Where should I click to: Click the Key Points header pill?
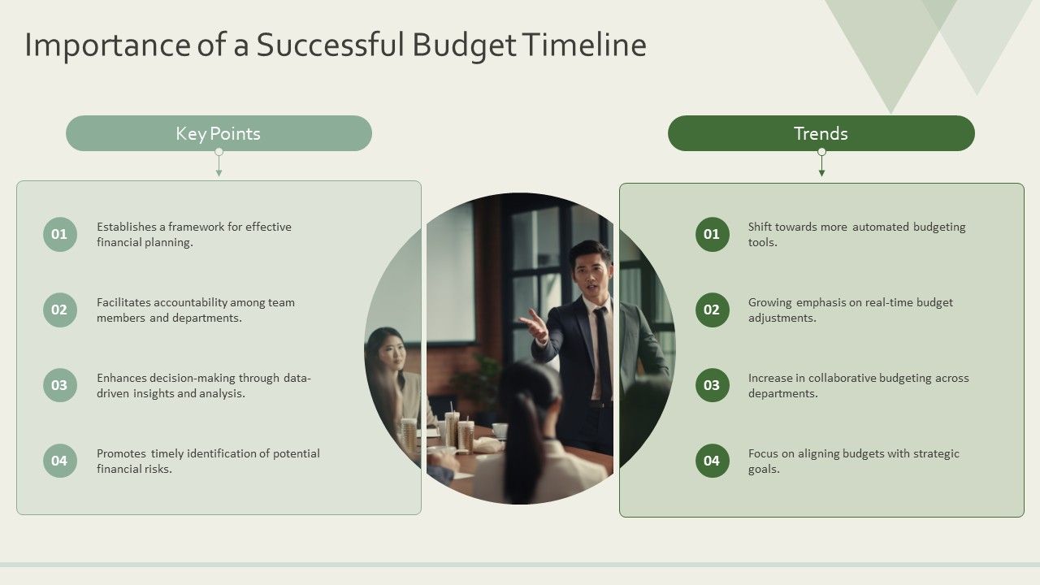219,133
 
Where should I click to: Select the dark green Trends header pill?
821,133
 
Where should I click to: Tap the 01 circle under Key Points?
59,235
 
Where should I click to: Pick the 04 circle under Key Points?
59,461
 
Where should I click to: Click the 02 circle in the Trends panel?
712,310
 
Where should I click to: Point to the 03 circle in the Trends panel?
712,385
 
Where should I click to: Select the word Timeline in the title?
584,45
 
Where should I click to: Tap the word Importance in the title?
106,45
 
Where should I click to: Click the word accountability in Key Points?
191,302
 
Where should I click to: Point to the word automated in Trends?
880,227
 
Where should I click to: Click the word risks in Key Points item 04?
158,469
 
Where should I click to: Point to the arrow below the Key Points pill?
219,171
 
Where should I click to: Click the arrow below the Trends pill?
821,171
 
